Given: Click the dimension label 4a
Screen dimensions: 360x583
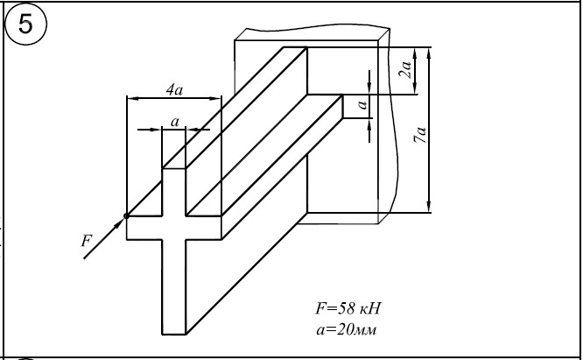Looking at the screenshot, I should pos(174,88).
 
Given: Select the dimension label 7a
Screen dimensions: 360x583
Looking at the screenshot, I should pos(422,135).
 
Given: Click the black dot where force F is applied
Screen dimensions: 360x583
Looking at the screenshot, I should pos(127,215).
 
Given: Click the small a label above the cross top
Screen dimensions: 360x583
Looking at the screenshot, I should pos(175,123).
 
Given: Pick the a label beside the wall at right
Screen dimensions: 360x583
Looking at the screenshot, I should pos(360,107).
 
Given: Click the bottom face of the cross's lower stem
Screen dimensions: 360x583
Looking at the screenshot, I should pos(174,335).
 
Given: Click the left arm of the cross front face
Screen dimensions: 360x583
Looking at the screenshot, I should pos(144,227).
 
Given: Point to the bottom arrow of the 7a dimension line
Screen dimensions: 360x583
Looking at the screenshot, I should pos(430,208).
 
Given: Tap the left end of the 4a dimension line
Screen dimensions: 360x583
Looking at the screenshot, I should pos(128,97).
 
